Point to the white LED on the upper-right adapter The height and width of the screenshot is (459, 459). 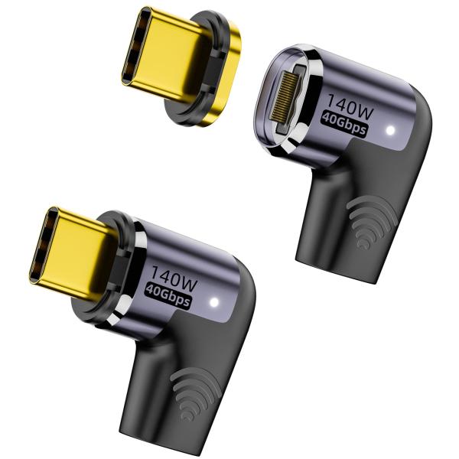click(x=392, y=132)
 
